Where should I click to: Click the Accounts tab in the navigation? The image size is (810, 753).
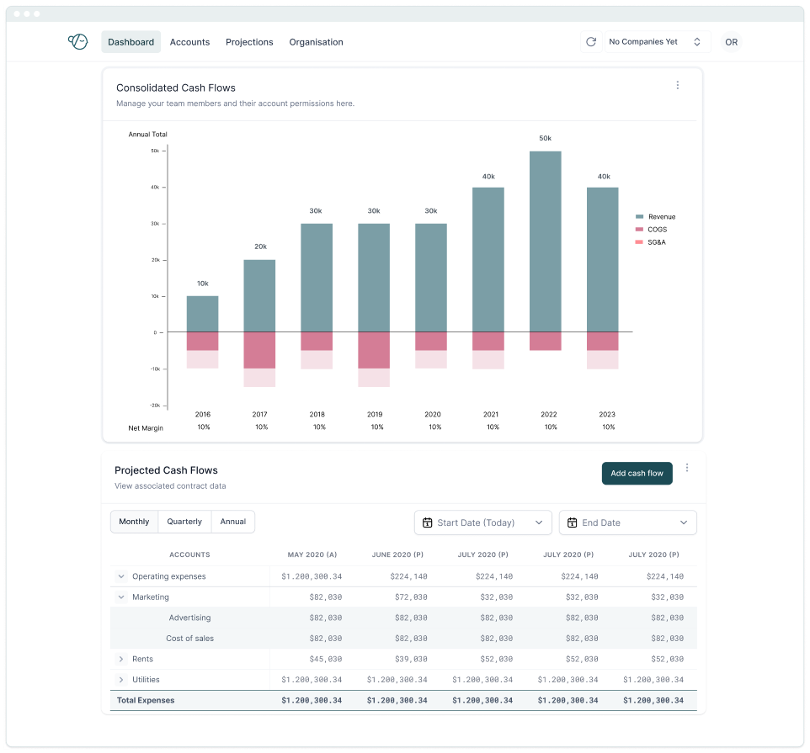[189, 42]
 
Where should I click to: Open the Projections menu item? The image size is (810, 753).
[249, 42]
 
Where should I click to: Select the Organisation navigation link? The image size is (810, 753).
[316, 42]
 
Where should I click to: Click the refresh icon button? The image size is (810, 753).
[591, 42]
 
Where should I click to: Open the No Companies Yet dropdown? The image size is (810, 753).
[656, 42]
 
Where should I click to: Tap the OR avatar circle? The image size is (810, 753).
[731, 42]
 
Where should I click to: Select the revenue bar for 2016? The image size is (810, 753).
[202, 314]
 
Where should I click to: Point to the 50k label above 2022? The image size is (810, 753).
[545, 138]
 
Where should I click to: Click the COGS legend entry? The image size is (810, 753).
[656, 230]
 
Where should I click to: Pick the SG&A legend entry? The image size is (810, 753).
[656, 242]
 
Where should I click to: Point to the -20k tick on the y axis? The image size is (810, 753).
[155, 406]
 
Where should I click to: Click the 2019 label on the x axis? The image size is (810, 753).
[375, 415]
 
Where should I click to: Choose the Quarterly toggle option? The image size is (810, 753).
[184, 522]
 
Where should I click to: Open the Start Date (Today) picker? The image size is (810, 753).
[483, 522]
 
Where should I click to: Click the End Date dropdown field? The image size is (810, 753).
[628, 522]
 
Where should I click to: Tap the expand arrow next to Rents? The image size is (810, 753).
[121, 659]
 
